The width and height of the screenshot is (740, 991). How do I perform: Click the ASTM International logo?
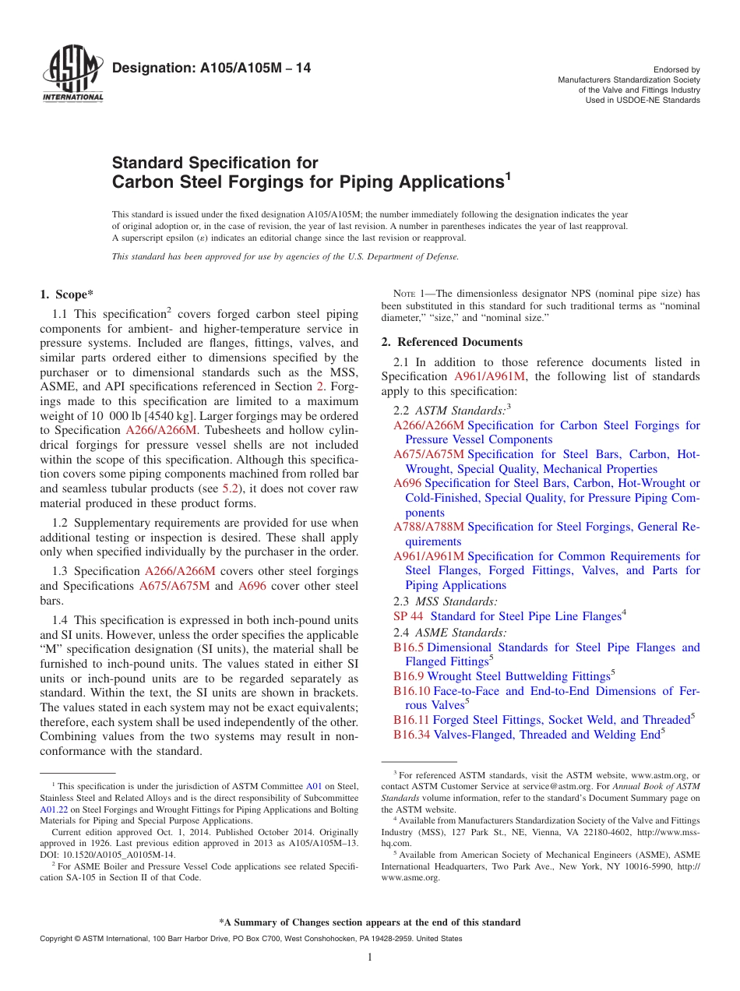coord(72,75)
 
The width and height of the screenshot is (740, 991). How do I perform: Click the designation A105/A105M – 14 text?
coord(211,69)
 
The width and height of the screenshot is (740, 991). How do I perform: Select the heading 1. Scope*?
coord(66,294)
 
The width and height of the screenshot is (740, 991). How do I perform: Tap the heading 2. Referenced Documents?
coord(452,342)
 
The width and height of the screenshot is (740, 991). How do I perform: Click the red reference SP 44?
coord(408,616)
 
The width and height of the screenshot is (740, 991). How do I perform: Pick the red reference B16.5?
coord(408,647)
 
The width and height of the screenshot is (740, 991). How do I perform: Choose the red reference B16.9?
coord(408,676)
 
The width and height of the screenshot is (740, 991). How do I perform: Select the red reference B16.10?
coord(411,691)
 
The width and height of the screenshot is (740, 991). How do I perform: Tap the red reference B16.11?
coord(411,720)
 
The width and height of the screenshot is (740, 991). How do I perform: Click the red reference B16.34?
coord(411,735)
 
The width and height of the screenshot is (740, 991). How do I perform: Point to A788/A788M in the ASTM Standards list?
coord(428,527)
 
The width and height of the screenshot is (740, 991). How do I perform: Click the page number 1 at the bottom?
coord(370,957)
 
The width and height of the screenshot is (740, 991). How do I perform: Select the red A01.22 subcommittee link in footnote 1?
coord(53,809)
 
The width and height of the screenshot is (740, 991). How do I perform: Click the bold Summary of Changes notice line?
coord(370,922)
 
